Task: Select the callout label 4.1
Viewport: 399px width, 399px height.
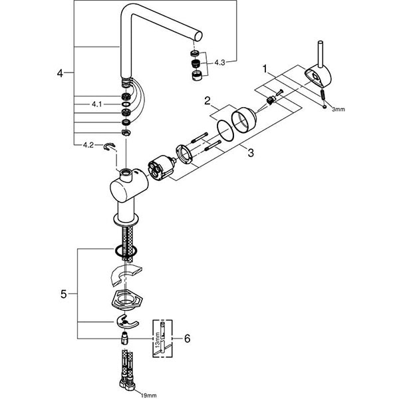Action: point(97,104)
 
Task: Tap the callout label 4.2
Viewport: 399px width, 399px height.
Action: point(88,144)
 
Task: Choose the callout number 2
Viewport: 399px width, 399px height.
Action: point(207,102)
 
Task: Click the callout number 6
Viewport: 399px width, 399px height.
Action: point(187,339)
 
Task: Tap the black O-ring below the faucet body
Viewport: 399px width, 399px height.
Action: point(124,251)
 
